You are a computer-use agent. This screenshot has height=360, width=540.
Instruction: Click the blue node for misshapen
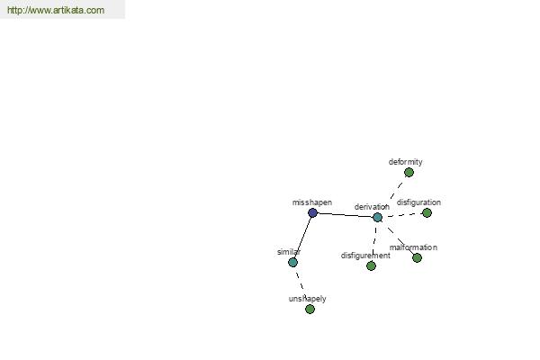[312, 212]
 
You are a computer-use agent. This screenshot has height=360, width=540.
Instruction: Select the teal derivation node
[377, 218]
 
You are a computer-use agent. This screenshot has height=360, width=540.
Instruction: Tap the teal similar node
[292, 262]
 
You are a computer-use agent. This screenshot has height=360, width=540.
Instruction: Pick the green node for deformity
[409, 172]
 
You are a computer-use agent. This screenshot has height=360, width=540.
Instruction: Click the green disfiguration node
[427, 213]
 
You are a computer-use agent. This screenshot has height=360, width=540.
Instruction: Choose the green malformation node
[417, 257]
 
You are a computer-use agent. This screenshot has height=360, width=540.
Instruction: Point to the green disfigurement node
[371, 265]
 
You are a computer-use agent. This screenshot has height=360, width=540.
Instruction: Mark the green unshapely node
[310, 309]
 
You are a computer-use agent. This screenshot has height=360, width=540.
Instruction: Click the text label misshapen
[312, 202]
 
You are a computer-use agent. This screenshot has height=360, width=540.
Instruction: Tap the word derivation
[372, 207]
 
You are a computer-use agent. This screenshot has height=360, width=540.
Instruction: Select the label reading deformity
[405, 162]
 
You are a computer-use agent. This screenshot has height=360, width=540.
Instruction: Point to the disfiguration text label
[418, 202]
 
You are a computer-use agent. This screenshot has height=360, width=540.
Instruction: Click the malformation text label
[413, 247]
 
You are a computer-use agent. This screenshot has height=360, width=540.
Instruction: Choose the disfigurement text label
[365, 256]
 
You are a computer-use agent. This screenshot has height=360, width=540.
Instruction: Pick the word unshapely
[307, 299]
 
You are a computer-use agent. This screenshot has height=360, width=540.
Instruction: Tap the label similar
[289, 252]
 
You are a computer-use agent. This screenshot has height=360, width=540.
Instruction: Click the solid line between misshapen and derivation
[345, 215]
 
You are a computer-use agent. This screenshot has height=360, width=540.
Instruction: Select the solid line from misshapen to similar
[302, 238]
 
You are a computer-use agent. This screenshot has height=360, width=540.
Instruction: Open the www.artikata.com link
[56, 10]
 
